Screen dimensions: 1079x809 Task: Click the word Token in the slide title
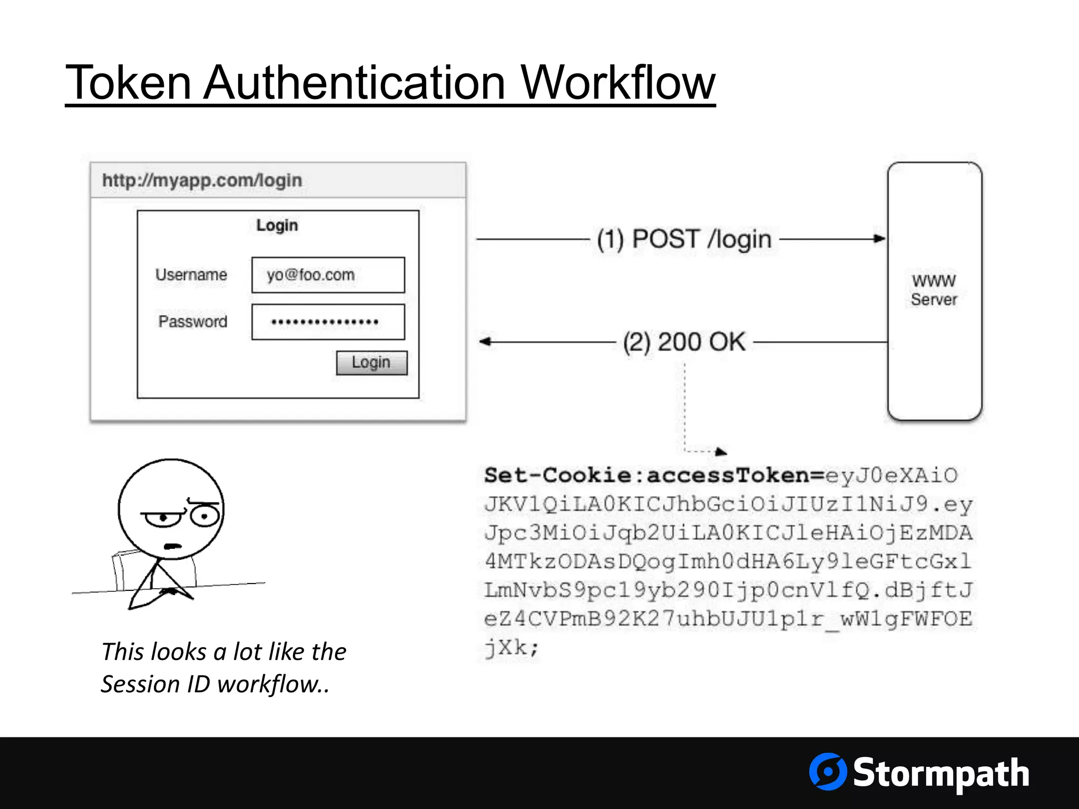(x=128, y=83)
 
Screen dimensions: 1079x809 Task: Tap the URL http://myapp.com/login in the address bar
(x=202, y=180)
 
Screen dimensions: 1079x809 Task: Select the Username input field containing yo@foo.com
(x=328, y=275)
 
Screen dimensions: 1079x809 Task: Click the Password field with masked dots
(x=328, y=322)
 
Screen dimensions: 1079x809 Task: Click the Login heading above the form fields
(x=277, y=225)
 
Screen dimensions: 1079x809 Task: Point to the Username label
(x=191, y=275)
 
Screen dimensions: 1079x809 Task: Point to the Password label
(x=193, y=321)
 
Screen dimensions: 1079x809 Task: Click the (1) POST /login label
(x=684, y=239)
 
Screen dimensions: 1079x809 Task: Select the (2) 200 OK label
(x=684, y=342)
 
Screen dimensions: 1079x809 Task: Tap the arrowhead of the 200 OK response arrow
(x=485, y=342)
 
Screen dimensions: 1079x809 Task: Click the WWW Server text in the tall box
(x=934, y=290)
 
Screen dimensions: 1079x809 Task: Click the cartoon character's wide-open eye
(x=204, y=516)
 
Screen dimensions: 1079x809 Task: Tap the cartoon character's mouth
(x=172, y=546)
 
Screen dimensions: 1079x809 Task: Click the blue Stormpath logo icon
(x=828, y=772)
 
